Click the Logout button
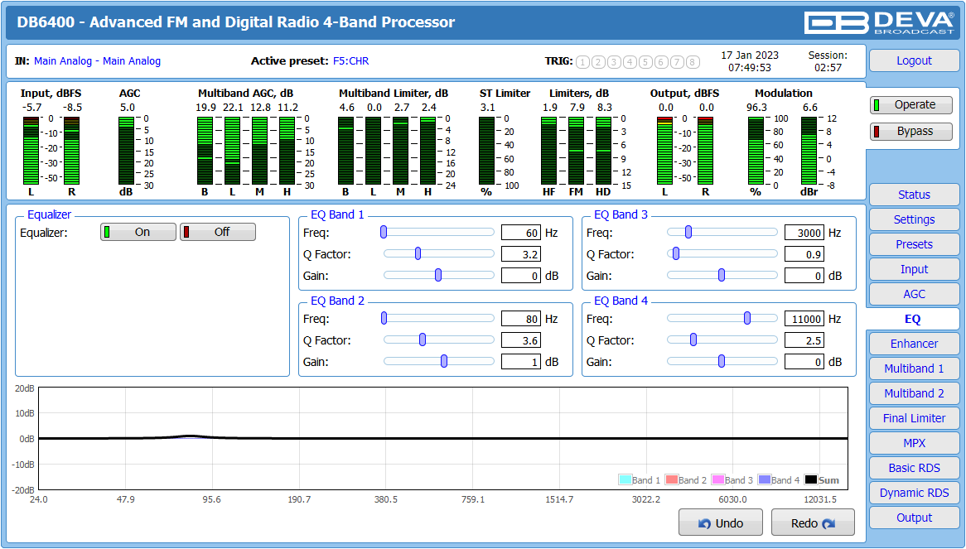click(x=914, y=60)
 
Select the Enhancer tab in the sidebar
click(x=914, y=344)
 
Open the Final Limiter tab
click(x=914, y=418)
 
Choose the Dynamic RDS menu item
click(x=914, y=493)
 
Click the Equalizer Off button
click(x=217, y=232)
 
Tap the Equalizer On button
click(x=138, y=232)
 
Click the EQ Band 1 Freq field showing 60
click(x=521, y=233)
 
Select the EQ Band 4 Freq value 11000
click(x=804, y=319)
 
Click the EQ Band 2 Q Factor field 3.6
click(x=521, y=340)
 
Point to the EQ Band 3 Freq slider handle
click(x=688, y=232)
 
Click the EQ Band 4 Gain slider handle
click(x=722, y=361)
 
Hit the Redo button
click(x=813, y=523)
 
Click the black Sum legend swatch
click(x=811, y=480)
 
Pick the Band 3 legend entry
click(x=732, y=480)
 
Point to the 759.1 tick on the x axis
click(x=472, y=499)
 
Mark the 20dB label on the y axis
click(x=25, y=388)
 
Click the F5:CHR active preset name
click(x=351, y=61)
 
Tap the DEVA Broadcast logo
click(x=879, y=22)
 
